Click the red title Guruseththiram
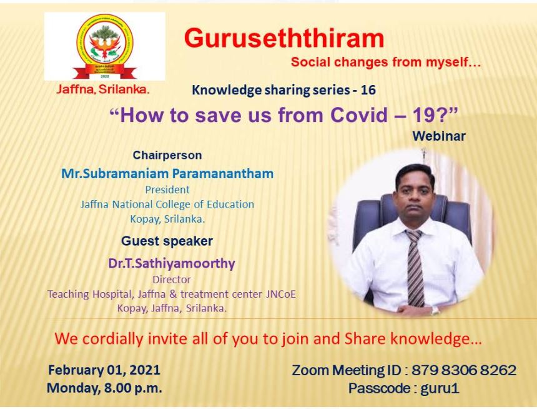tap(284, 38)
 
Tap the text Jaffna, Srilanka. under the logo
tap(103, 89)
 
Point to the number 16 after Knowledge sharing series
tap(368, 90)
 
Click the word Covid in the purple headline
tap(358, 115)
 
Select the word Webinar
tap(439, 136)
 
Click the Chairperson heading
tap(167, 155)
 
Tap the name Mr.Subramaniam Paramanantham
tap(167, 174)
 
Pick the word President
tap(167, 189)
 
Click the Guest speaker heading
tap(167, 241)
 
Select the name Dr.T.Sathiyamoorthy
tap(172, 263)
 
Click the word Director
tap(172, 280)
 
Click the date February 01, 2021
tap(104, 370)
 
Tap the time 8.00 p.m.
tap(133, 388)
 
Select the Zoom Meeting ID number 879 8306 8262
tap(464, 370)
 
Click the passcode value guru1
tap(440, 389)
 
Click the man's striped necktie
tap(415, 267)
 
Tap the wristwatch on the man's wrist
tap(435, 311)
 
